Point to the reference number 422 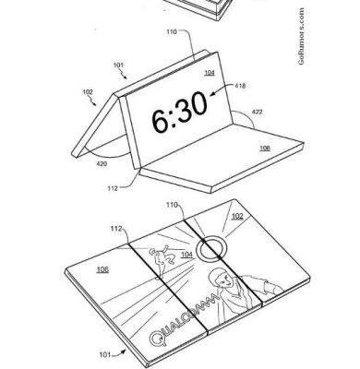point(258,111)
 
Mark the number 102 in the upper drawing point(89,91)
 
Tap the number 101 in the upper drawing point(118,65)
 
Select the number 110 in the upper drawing point(172,32)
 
